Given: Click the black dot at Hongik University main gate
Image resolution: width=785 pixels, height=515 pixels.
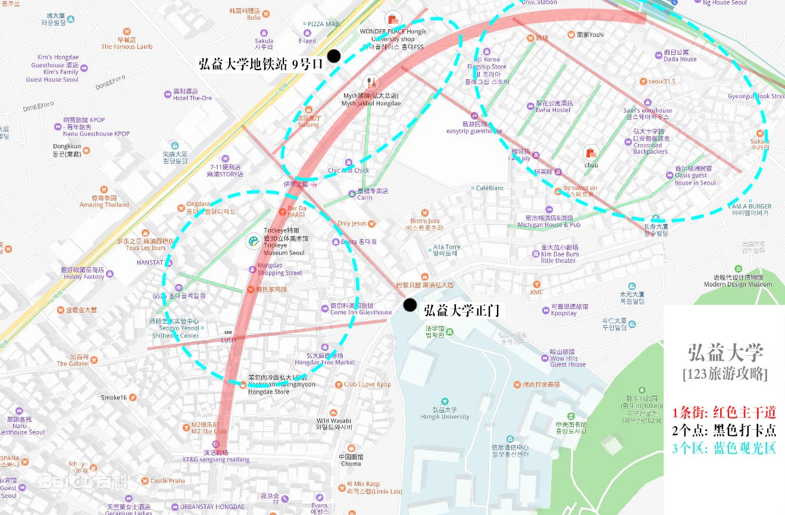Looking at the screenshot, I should [409, 305].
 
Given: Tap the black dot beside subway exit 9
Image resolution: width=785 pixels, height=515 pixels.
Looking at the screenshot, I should [334, 56].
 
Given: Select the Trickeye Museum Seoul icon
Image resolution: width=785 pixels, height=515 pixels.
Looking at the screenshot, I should [254, 241].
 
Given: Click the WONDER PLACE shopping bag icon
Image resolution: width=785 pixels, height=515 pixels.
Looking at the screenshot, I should [392, 18].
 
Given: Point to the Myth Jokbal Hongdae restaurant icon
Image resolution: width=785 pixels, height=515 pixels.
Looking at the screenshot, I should [371, 83].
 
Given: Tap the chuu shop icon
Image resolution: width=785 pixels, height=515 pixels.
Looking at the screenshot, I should [590, 153].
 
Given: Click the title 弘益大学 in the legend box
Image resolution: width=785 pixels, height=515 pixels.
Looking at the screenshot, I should [725, 352].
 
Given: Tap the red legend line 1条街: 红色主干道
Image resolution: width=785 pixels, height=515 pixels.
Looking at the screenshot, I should [724, 413].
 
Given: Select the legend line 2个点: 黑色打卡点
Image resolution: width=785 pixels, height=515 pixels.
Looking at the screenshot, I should [724, 430].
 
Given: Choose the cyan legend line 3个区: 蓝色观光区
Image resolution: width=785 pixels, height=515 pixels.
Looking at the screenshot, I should [724, 448].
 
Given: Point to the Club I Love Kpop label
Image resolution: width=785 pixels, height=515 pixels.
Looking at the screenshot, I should [367, 384].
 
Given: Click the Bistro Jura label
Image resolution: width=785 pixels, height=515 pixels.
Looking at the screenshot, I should [424, 224].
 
